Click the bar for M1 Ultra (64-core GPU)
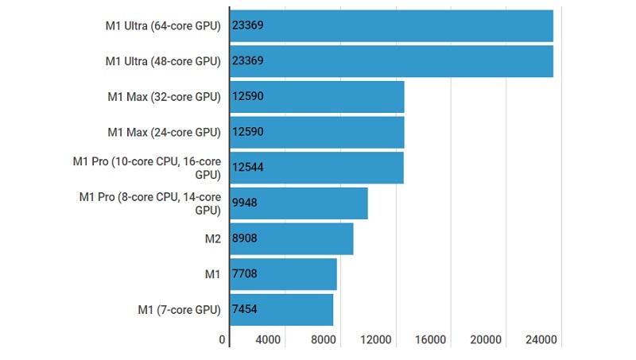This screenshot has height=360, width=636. (391, 25)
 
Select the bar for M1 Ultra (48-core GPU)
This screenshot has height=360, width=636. (391, 61)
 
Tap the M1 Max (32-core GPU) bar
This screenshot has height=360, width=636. (317, 97)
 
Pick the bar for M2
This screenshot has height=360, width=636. (291, 238)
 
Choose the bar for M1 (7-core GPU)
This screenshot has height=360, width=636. (281, 309)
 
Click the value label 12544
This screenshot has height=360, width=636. (247, 168)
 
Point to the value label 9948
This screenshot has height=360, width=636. (244, 203)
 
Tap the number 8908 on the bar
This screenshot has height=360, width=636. (244, 238)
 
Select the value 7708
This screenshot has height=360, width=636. (244, 274)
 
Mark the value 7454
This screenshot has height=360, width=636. (244, 309)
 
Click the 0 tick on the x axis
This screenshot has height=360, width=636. (223, 340)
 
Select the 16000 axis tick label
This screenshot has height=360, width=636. (430, 340)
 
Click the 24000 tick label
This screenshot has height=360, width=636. (541, 340)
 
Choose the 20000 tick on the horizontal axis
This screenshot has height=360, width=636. (486, 340)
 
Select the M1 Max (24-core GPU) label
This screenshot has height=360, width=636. (164, 132)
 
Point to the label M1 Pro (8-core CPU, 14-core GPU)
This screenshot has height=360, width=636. (150, 203)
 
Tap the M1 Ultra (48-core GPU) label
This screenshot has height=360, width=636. (163, 61)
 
